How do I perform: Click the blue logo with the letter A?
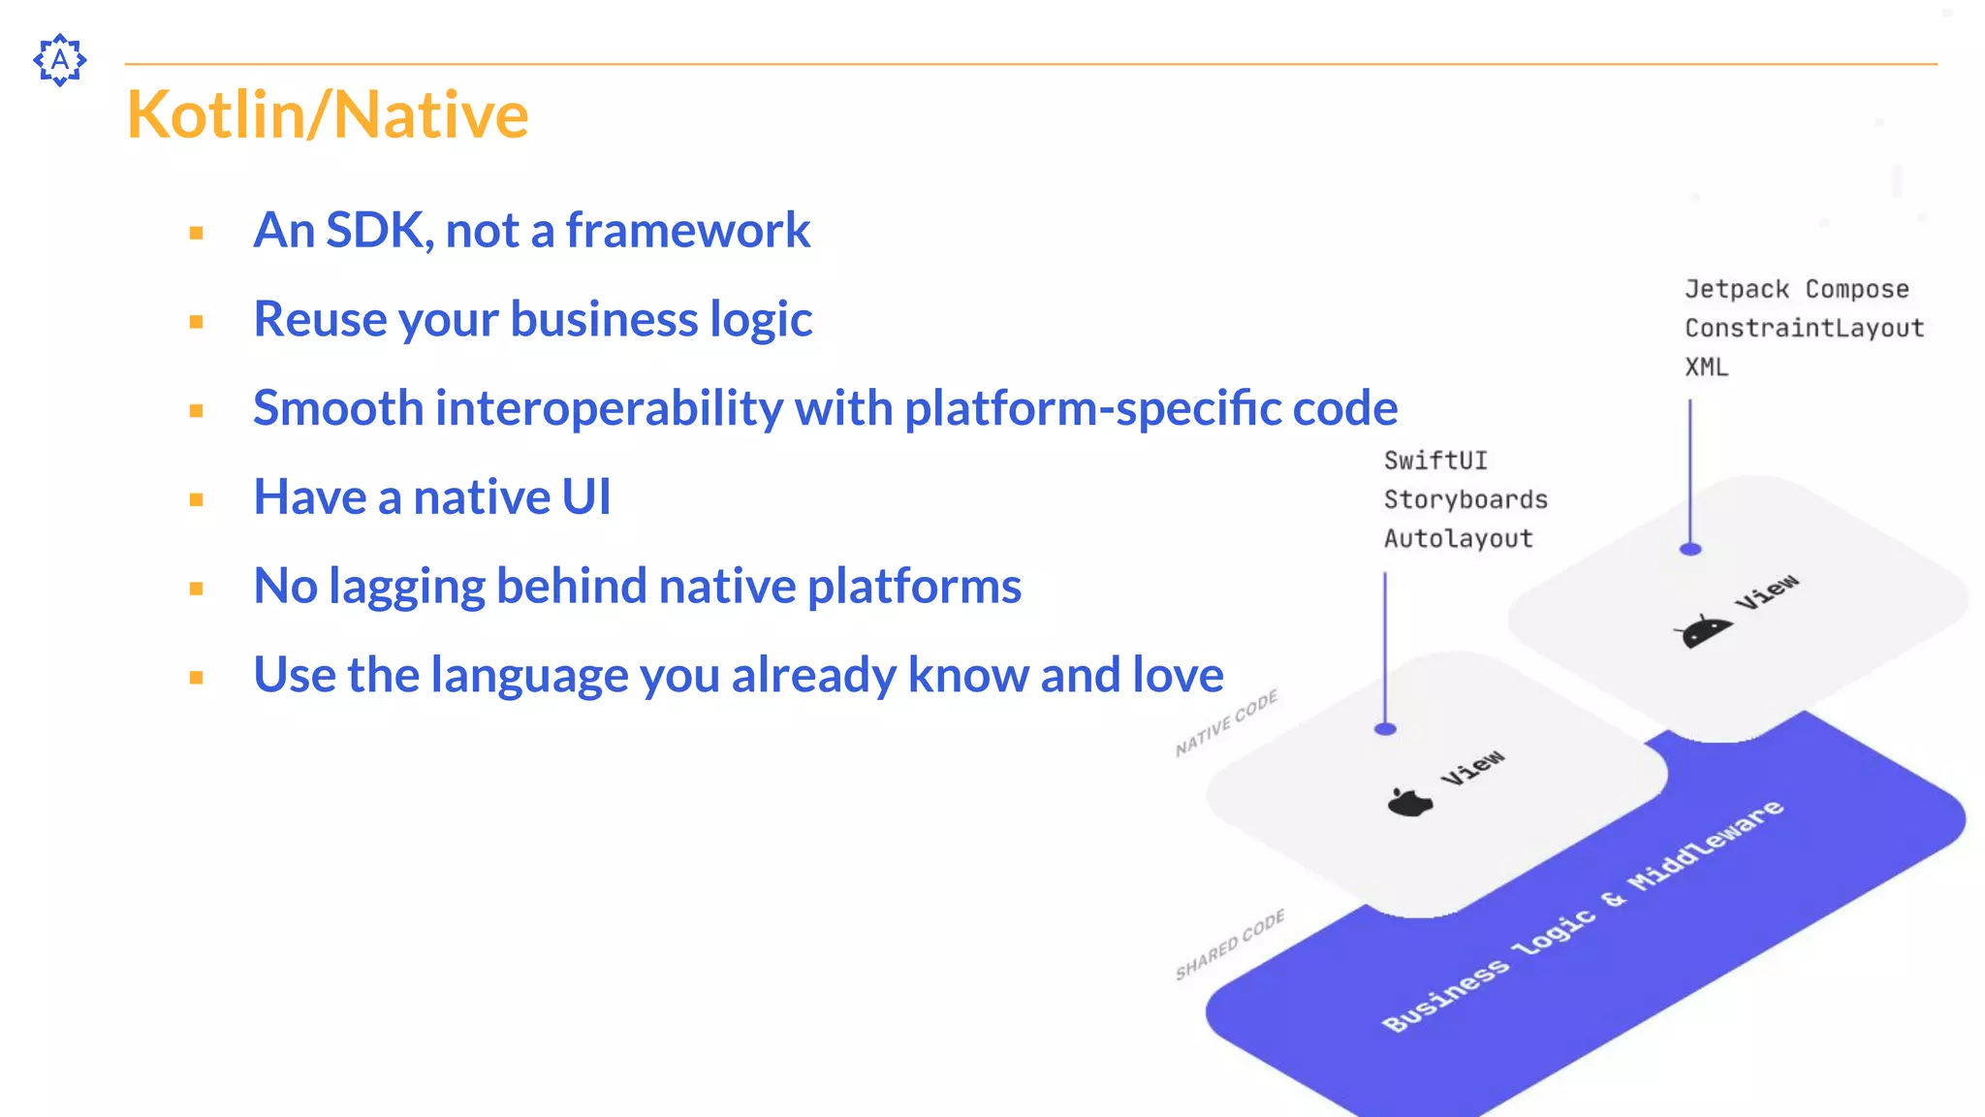[x=60, y=60]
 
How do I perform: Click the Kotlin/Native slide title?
[x=328, y=114]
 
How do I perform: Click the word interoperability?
[x=610, y=408]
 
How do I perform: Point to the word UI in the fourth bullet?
[x=586, y=497]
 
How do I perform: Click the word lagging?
[x=406, y=587]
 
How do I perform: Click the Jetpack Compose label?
[x=1796, y=289]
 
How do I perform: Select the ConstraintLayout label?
[x=1804, y=328]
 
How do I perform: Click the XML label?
[x=1706, y=367]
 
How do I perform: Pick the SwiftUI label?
[x=1434, y=461]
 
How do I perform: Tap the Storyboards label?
[x=1465, y=499]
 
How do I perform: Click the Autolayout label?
[x=1458, y=538]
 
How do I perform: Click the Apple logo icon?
[x=1409, y=802]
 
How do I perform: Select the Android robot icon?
[x=1703, y=631]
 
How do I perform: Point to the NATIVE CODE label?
[x=1226, y=723]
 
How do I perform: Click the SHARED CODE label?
[x=1230, y=944]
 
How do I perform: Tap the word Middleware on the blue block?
[x=1706, y=845]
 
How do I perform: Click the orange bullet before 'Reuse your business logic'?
[x=197, y=322]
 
